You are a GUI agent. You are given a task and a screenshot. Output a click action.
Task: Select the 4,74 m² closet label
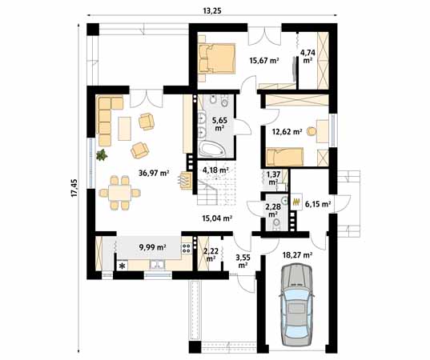coord(307,56)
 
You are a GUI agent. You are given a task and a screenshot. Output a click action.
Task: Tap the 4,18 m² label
coord(215,170)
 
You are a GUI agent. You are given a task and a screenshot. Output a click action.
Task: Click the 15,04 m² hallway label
coord(215,217)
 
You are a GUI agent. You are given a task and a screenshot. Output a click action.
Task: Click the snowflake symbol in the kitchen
coord(123,266)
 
